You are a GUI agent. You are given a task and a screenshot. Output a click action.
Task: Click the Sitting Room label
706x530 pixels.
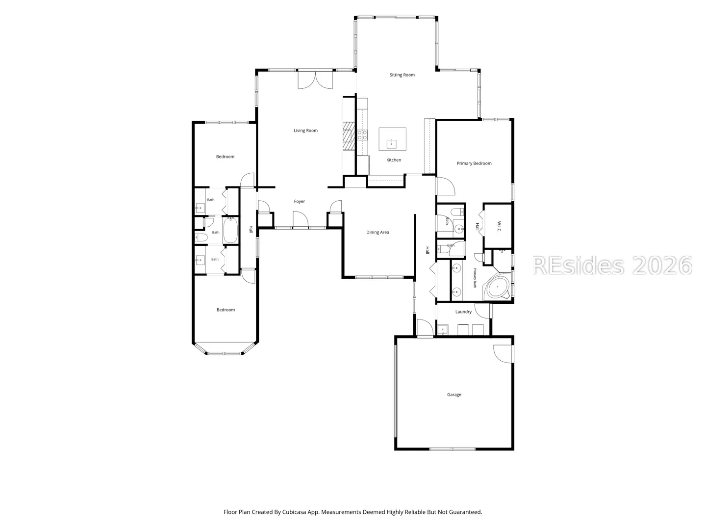click(402, 75)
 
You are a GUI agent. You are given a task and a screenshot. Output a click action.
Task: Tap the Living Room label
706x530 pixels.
click(305, 131)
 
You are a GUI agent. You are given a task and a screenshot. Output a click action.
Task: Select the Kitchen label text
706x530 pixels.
click(394, 160)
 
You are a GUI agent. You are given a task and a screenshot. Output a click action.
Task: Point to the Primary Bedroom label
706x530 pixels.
click(474, 163)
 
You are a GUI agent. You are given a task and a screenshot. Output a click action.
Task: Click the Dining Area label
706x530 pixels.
click(378, 232)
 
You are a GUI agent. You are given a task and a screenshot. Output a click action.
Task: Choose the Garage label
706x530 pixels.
click(454, 395)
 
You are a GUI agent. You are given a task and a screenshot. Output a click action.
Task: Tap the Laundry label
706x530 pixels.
click(463, 312)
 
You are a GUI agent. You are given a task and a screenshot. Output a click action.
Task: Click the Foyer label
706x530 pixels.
click(300, 201)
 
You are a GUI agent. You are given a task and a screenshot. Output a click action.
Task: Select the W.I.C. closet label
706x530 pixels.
click(499, 226)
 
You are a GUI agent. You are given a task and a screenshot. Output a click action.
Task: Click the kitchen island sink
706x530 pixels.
click(391, 143)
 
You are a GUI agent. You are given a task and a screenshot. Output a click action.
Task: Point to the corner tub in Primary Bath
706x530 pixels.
click(497, 287)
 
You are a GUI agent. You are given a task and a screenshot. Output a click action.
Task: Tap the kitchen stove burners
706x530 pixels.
click(362, 135)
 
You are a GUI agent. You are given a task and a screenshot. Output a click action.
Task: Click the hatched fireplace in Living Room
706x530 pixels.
click(349, 136)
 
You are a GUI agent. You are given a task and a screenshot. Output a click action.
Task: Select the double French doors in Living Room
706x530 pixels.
click(316, 80)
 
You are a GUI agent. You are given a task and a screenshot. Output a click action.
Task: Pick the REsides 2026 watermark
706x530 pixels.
click(612, 265)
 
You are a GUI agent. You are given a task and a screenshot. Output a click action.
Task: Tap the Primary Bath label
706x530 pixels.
click(475, 278)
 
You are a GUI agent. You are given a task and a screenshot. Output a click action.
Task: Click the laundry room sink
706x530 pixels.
click(443, 330)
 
